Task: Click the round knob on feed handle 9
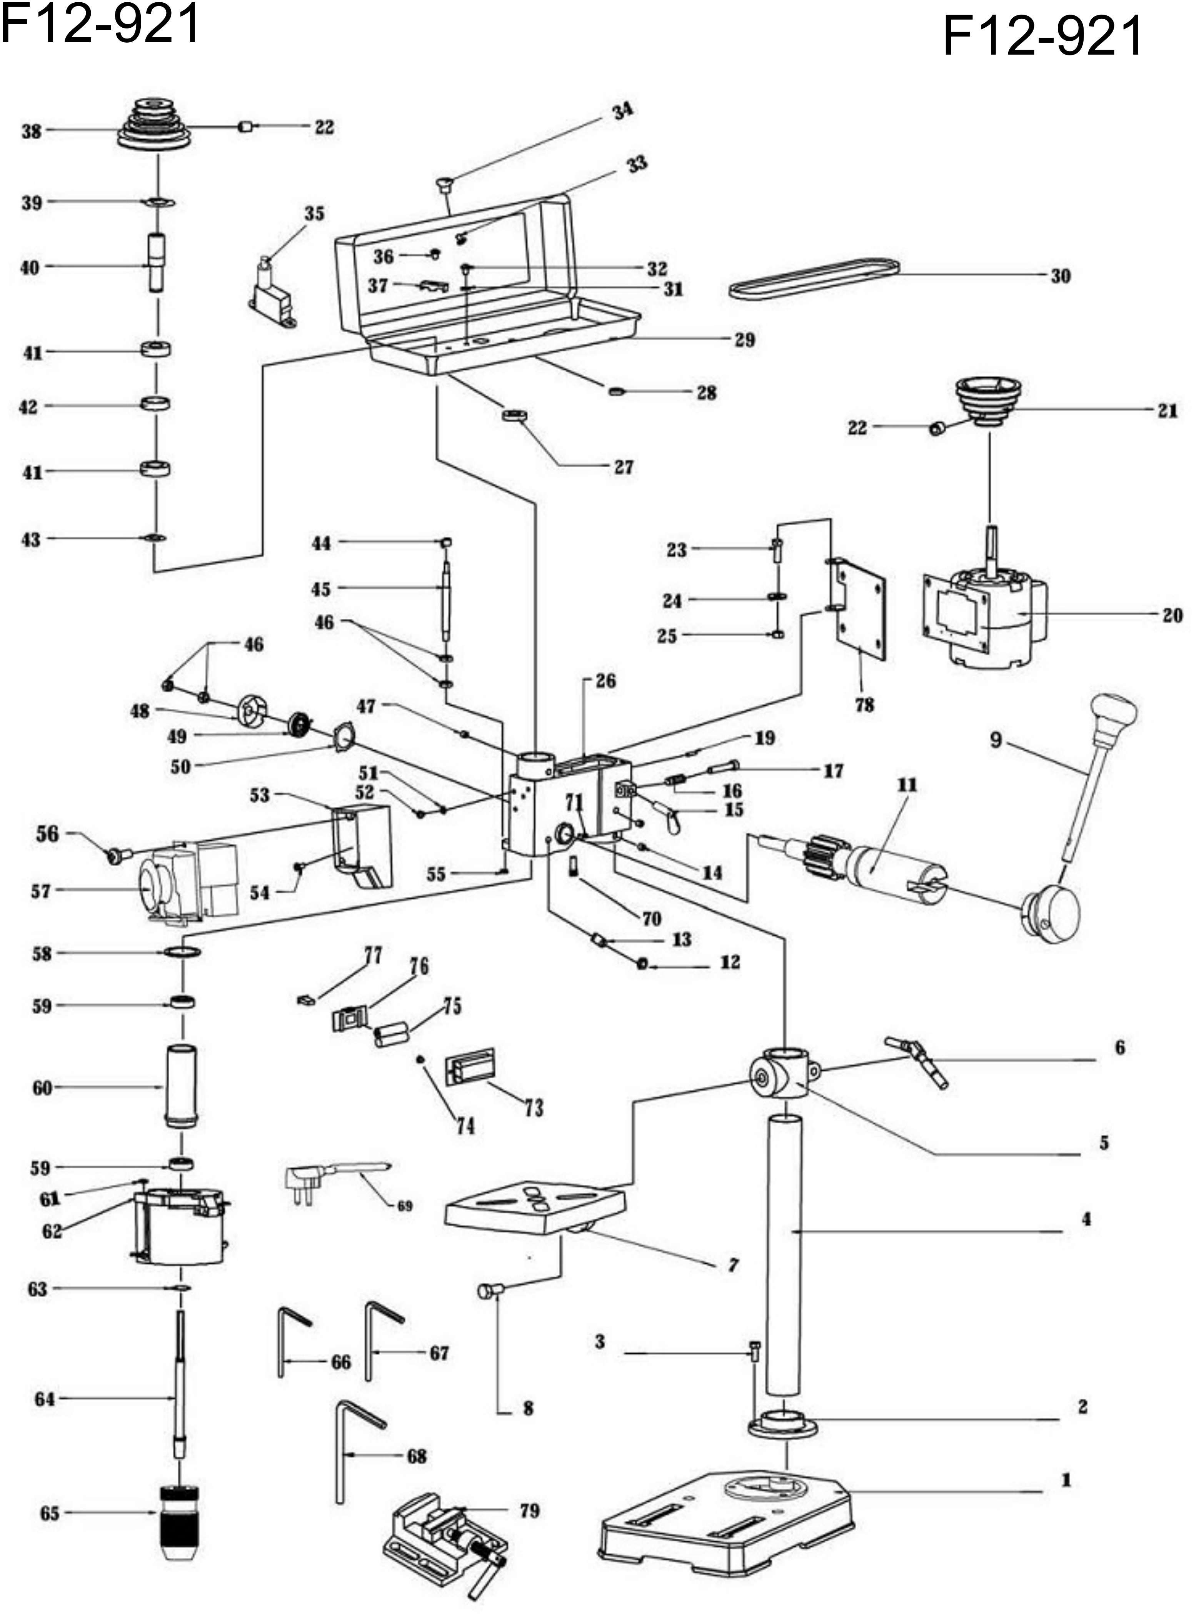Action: tap(1114, 712)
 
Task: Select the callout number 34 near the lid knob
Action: tap(622, 112)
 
